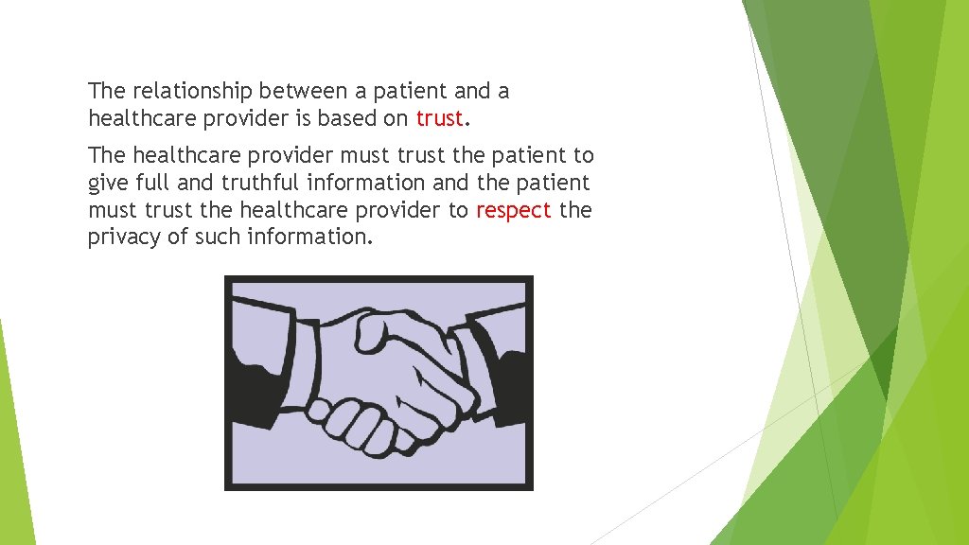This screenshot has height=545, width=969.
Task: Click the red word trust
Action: click(x=439, y=118)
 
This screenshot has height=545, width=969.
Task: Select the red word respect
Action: click(x=514, y=210)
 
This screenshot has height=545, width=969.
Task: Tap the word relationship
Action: click(x=193, y=92)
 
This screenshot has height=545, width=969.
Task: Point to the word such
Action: click(x=218, y=237)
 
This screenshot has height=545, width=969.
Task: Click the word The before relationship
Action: click(x=106, y=92)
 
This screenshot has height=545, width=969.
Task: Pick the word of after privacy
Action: click(x=178, y=237)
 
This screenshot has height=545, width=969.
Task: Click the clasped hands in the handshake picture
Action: click(x=397, y=378)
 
